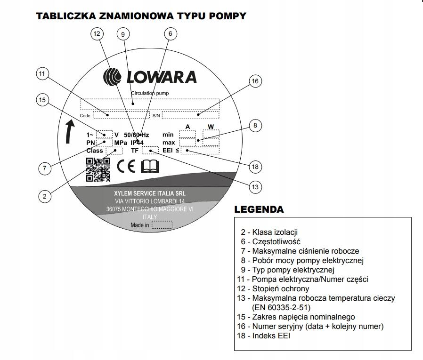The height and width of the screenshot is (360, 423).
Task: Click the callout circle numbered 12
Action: pyautogui.click(x=97, y=34)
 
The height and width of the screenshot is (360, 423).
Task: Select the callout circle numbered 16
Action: pyautogui.click(x=255, y=81)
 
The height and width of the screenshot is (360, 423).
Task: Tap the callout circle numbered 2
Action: pyautogui.click(x=44, y=196)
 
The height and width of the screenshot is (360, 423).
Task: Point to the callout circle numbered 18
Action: pyautogui.click(x=255, y=167)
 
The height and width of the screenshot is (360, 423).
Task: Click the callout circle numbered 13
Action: pyautogui.click(x=255, y=187)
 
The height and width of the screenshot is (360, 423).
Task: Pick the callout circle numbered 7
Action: pyautogui.click(x=44, y=168)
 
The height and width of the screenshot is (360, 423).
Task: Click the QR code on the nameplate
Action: pyautogui.click(x=98, y=169)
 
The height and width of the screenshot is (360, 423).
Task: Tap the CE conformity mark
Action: pyautogui.click(x=125, y=167)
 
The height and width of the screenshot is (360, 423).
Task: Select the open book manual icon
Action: pyautogui.click(x=150, y=167)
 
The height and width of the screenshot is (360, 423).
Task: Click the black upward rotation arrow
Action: pyautogui.click(x=69, y=131)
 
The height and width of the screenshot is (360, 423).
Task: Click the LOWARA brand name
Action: pyautogui.click(x=160, y=77)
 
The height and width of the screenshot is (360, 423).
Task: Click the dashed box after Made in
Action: pyautogui.click(x=162, y=225)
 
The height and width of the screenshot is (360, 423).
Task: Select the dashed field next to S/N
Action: pyautogui.click(x=190, y=115)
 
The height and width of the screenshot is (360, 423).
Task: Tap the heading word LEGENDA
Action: pyautogui.click(x=259, y=209)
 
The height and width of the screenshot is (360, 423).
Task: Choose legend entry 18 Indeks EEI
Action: pyautogui.click(x=263, y=336)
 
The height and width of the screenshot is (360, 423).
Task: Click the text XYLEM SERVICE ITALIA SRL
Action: pyautogui.click(x=150, y=193)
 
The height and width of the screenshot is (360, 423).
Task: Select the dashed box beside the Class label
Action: pyautogui.click(x=114, y=151)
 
